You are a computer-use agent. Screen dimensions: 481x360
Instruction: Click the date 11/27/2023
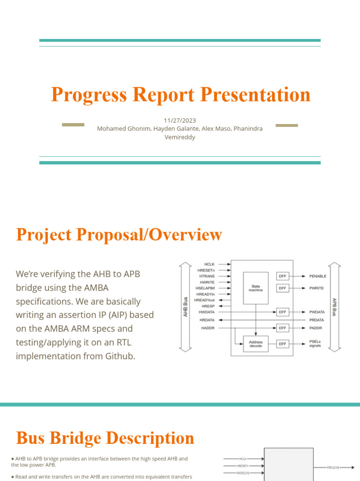click(180, 120)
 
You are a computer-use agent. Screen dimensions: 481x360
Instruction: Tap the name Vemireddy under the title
click(180, 137)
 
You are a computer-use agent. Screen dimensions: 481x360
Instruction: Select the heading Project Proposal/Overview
click(119, 234)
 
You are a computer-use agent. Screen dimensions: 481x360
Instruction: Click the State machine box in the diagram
click(255, 287)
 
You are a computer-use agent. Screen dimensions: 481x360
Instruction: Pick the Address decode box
click(255, 344)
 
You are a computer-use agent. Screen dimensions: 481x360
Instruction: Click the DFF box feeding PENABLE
click(283, 276)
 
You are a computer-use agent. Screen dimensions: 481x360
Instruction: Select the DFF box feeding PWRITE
click(283, 288)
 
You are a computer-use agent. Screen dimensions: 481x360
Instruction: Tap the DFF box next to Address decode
click(283, 344)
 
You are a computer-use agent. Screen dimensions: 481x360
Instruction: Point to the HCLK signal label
click(210, 264)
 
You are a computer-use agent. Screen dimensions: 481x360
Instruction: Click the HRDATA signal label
click(207, 320)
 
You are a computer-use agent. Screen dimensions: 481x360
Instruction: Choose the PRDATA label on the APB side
click(316, 320)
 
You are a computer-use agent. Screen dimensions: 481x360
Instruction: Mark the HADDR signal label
click(208, 328)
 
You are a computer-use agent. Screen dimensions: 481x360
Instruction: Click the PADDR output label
click(315, 328)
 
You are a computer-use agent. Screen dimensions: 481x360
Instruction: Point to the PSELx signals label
click(315, 344)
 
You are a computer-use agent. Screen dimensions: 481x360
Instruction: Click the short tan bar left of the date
click(73, 124)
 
